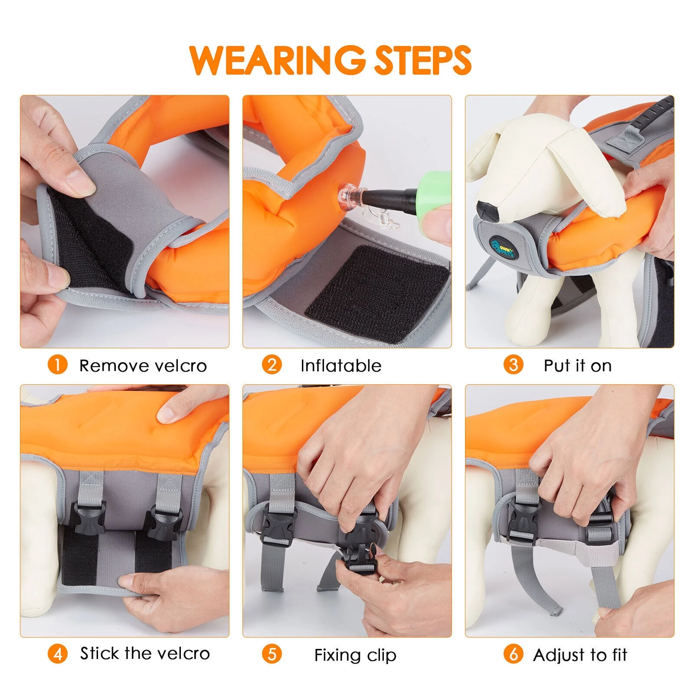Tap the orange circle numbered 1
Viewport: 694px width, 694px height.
tap(57, 365)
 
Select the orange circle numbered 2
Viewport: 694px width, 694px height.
tap(272, 365)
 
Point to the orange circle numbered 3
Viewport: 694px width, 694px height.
tap(513, 365)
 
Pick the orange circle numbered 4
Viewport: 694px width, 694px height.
tap(57, 654)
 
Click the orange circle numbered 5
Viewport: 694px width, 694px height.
tap(272, 654)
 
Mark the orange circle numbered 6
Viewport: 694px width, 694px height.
tap(513, 654)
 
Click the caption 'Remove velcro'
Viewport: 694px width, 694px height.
tap(143, 366)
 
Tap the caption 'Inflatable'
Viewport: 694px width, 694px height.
tap(341, 366)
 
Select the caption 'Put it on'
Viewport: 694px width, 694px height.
tap(578, 366)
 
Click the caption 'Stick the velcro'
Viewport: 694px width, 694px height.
tap(145, 653)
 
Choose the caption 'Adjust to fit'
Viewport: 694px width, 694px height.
tap(580, 655)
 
